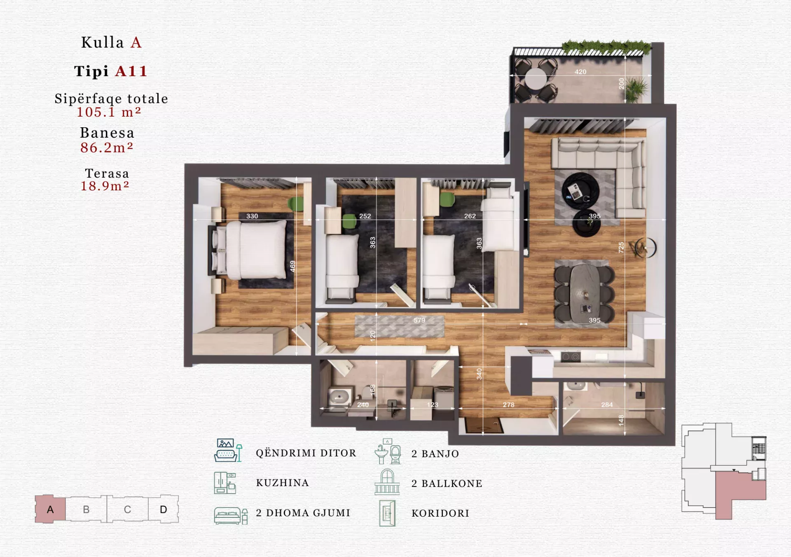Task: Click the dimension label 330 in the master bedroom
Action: point(252,216)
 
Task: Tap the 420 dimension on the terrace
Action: point(580,72)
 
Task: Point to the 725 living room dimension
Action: point(621,247)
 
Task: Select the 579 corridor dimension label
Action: point(419,320)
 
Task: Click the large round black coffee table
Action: point(580,191)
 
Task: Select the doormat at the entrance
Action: point(484,426)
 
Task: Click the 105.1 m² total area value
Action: point(109,112)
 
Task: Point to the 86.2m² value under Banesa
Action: point(107,147)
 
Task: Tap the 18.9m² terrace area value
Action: point(105,186)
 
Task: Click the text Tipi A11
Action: point(111,71)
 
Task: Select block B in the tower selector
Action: point(86,510)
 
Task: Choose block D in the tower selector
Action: point(164,510)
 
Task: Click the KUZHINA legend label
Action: point(282,483)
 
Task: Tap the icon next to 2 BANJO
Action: point(388,452)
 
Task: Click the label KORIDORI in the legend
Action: point(440,513)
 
